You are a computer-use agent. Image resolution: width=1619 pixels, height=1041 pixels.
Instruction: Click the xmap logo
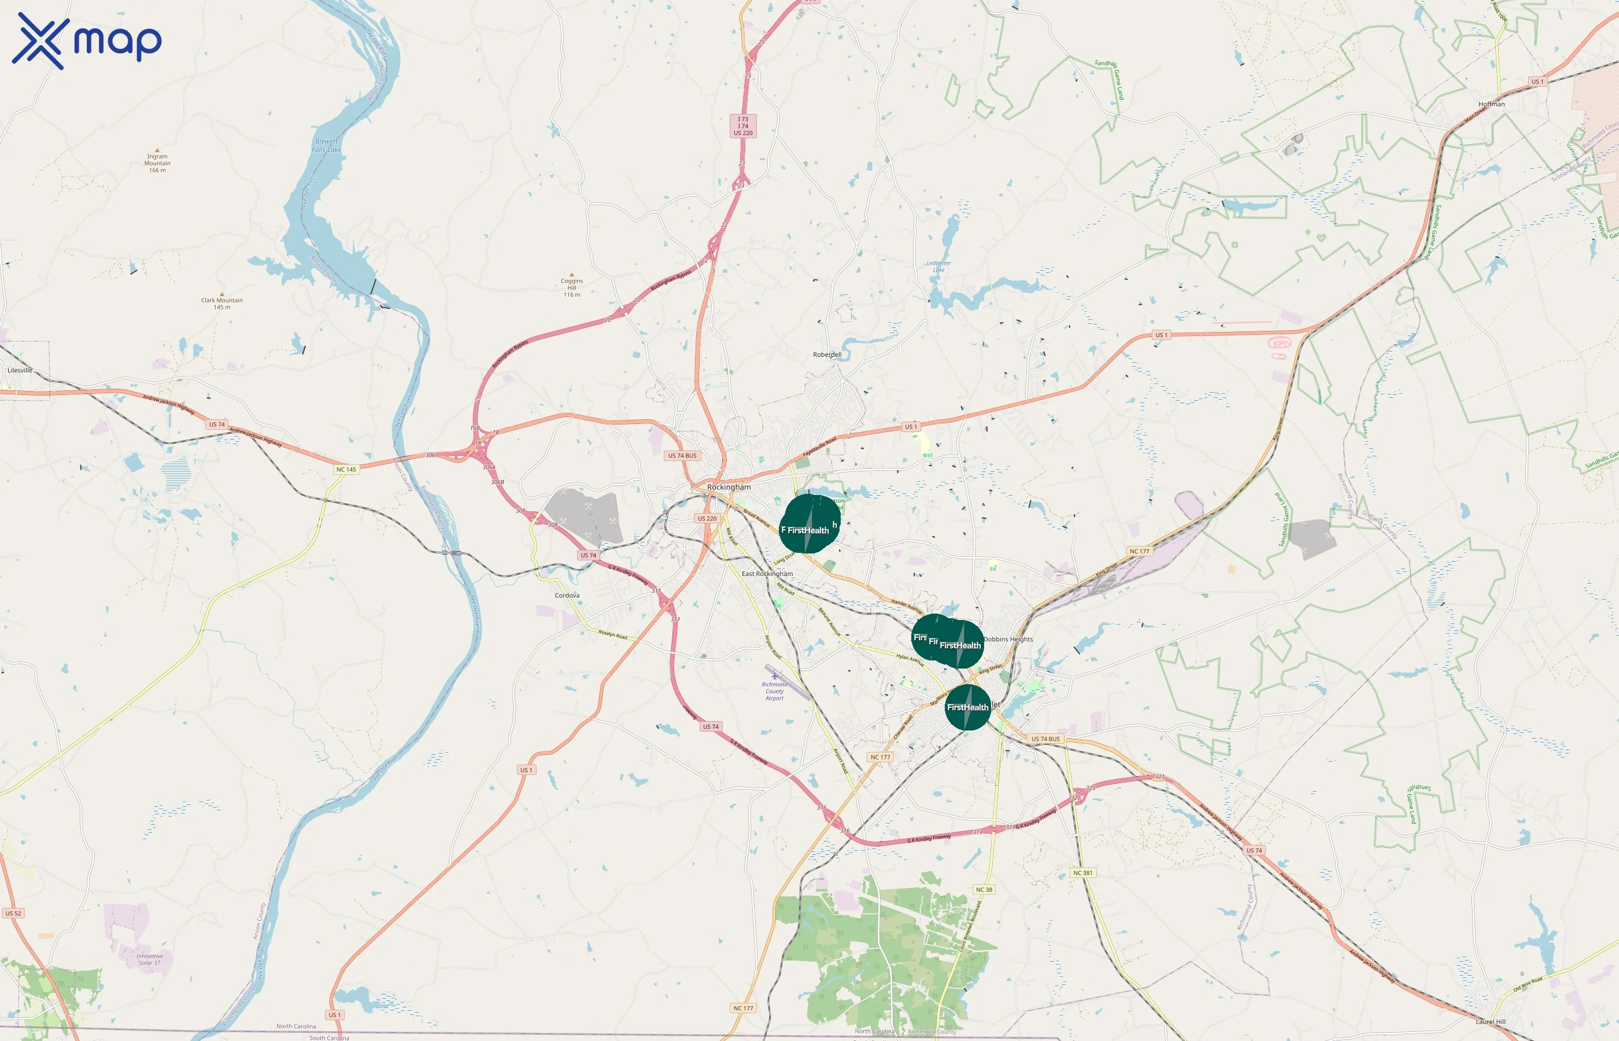coord(87,40)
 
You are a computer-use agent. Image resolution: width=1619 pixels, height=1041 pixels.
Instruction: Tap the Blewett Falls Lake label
coord(327,146)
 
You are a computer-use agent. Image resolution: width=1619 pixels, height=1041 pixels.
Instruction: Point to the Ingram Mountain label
coord(157,163)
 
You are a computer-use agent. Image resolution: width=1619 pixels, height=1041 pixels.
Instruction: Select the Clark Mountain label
coord(221,304)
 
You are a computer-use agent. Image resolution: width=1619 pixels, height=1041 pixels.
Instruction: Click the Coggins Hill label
coord(572,287)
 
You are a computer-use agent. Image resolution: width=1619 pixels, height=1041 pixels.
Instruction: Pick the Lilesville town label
coord(20,371)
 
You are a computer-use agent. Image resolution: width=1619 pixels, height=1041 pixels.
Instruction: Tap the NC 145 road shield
coord(346,470)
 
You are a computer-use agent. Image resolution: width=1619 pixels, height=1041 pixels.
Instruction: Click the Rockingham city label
coord(729,487)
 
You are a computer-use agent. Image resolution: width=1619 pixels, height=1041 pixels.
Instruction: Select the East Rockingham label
coord(767,574)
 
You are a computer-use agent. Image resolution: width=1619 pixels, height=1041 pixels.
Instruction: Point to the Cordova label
coord(567,596)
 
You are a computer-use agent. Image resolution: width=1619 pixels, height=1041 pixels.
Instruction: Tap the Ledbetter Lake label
coord(938,267)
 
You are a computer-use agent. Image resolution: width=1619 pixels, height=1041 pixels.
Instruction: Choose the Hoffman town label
coord(1491,104)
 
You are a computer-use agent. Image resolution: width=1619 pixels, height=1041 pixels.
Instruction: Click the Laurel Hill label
coord(1490,1021)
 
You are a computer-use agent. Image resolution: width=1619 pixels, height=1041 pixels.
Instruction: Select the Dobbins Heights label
coord(1008,639)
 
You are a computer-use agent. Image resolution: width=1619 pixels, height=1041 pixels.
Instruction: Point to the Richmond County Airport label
coord(774,691)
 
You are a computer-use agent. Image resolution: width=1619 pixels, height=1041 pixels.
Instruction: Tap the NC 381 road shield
coord(1082,873)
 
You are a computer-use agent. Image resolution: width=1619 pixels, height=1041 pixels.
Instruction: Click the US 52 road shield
coord(13,913)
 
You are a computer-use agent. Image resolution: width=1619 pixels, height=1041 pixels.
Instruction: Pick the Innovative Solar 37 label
coord(149,959)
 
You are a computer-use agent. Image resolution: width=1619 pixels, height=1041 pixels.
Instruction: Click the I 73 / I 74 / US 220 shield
coord(742,125)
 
